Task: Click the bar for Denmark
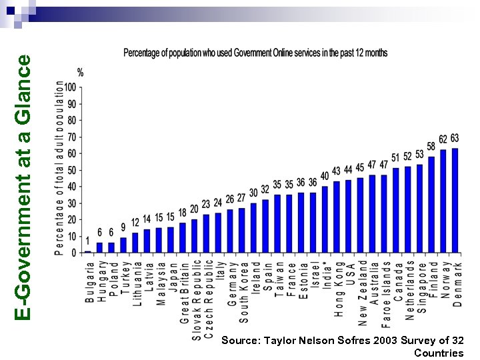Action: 455,200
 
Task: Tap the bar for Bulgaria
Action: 87,251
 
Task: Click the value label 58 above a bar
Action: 431,147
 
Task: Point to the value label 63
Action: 455,139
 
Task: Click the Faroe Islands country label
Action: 385,294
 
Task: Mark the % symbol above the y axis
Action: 80,72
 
